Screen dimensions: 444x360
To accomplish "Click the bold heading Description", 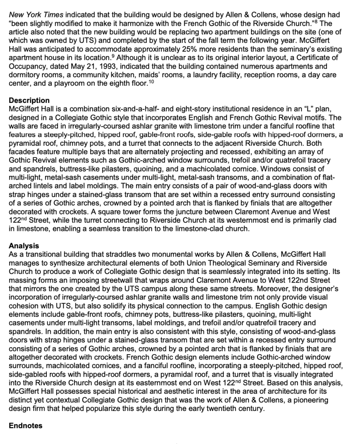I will pos(29,101).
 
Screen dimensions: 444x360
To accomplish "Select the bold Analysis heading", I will pos(24,246).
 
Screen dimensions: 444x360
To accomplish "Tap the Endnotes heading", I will pos(26,425).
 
